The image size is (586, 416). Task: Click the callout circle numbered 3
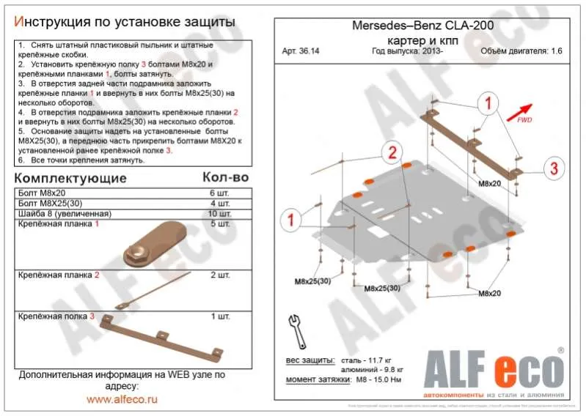tap(554, 167)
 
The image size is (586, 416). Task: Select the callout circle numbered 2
tap(392, 152)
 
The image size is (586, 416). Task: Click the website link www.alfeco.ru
tap(122, 399)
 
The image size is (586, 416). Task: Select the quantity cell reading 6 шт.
tap(219, 192)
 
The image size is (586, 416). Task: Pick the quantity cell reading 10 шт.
tap(217, 213)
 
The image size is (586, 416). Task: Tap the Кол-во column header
tap(225, 178)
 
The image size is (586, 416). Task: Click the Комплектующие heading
tap(70, 178)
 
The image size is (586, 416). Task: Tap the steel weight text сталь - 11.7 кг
tap(369, 361)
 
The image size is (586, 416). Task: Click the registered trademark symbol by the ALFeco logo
tap(560, 351)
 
